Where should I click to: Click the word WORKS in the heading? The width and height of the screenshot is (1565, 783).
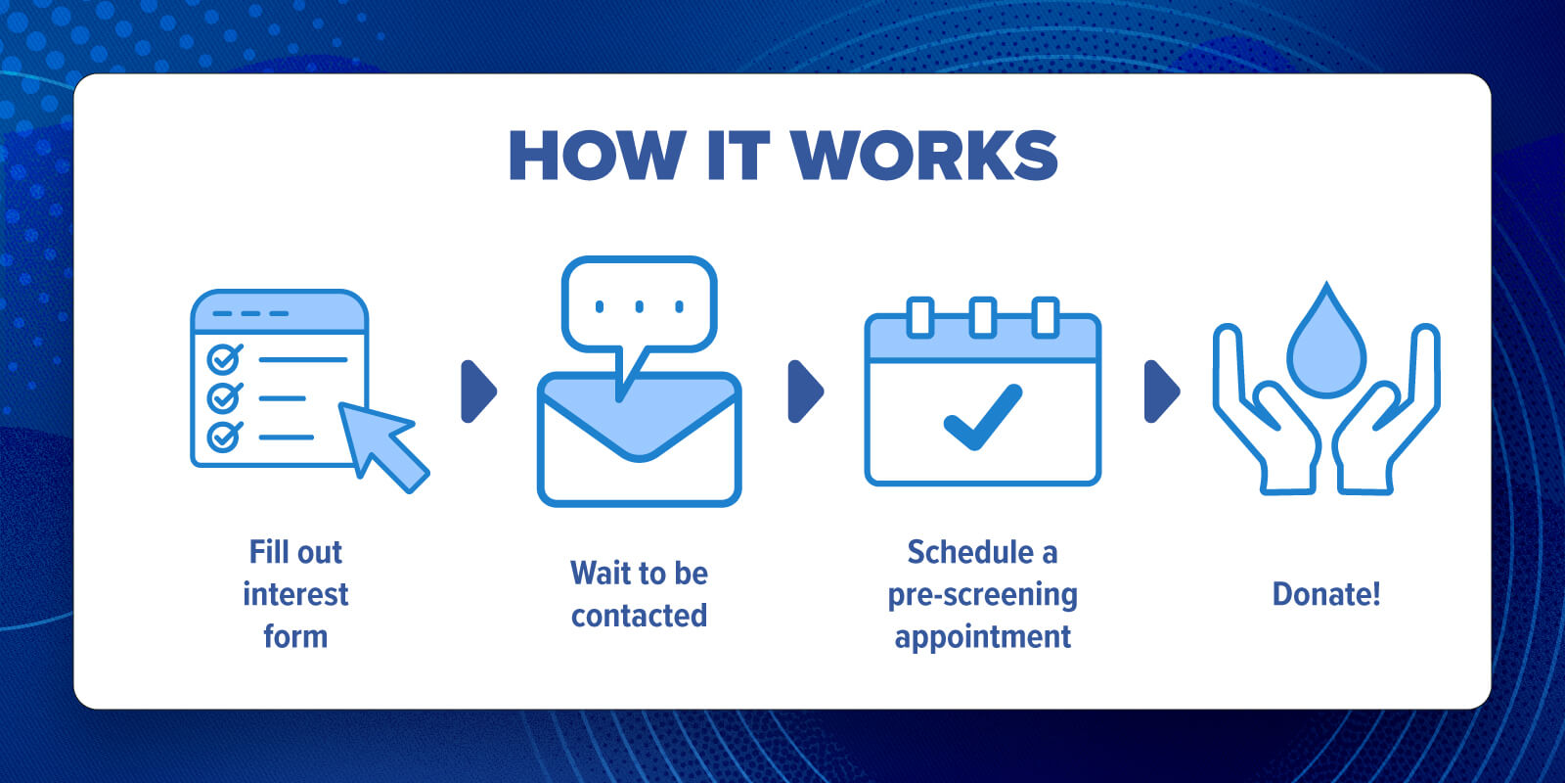[924, 156]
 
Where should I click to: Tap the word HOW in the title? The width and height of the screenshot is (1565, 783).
[598, 156]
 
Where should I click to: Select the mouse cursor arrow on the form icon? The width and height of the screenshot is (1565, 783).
[382, 445]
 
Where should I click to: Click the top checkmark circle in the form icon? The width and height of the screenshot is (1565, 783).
[224, 359]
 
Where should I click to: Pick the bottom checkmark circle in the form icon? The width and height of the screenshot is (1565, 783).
[224, 437]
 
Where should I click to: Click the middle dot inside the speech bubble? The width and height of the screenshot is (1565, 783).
[640, 306]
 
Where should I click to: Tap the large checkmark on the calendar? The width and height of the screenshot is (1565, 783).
[983, 417]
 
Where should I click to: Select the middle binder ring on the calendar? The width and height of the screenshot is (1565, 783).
[983, 317]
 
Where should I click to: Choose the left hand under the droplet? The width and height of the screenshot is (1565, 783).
[1266, 412]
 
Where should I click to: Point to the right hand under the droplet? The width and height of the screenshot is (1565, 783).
[1387, 412]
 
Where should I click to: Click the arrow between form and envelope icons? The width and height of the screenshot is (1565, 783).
[478, 391]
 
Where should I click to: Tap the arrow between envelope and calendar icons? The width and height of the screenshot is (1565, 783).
[806, 391]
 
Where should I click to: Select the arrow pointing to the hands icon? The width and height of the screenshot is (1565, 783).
[1162, 391]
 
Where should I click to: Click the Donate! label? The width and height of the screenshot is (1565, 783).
[1326, 594]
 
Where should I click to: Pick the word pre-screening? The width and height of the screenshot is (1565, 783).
[982, 596]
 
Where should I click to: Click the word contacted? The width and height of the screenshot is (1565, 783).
[640, 616]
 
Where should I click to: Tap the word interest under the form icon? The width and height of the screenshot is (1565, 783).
[295, 594]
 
